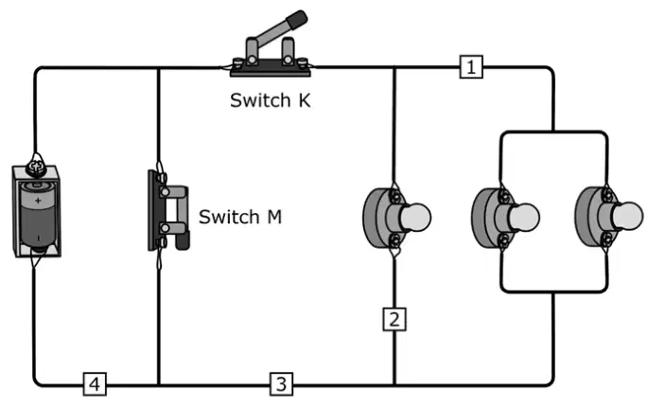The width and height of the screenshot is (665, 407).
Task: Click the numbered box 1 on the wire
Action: [x=471, y=66]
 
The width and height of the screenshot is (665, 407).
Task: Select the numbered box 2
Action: [x=394, y=319]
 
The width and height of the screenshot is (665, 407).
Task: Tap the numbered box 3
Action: [x=281, y=384]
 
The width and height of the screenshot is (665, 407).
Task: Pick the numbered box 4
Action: [x=95, y=384]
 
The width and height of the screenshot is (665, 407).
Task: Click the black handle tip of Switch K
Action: [x=297, y=19]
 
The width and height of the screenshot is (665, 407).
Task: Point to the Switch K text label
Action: [x=271, y=100]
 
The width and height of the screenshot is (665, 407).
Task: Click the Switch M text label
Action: [x=240, y=217]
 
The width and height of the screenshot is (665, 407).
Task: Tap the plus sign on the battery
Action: [x=38, y=201]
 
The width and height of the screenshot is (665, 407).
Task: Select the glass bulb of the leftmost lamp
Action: [x=415, y=218]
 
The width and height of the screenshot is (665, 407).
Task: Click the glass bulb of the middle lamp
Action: [x=524, y=218]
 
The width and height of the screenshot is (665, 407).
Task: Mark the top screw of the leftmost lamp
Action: [x=396, y=196]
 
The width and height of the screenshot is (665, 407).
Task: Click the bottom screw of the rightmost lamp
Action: [x=608, y=239]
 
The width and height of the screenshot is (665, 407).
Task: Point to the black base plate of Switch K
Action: [x=271, y=69]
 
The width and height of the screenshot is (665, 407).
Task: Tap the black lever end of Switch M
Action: [x=184, y=242]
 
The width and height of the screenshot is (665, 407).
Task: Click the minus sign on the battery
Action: [x=38, y=239]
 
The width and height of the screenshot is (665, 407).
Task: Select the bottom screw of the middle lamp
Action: [x=505, y=239]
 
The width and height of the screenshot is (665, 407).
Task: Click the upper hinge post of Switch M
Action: [x=166, y=193]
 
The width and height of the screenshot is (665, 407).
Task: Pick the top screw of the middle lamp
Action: [x=505, y=196]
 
